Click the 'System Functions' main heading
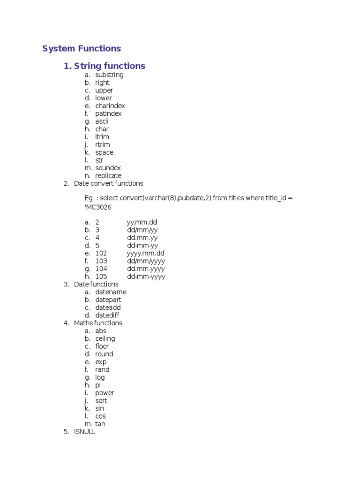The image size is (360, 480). (x=82, y=49)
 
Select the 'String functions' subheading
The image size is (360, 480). (x=105, y=66)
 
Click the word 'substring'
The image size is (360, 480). (x=109, y=75)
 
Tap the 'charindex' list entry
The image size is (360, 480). (x=110, y=106)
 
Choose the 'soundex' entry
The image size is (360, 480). (x=108, y=168)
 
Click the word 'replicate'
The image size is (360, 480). (x=108, y=176)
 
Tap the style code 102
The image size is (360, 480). (x=101, y=253)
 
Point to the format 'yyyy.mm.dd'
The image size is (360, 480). (x=145, y=253)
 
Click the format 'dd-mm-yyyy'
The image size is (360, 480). (x=146, y=277)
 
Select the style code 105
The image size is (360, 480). (x=101, y=277)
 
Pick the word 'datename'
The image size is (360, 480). (x=111, y=292)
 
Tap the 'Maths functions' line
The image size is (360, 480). (x=98, y=323)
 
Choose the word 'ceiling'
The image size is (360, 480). (x=105, y=338)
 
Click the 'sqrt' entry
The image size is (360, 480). (x=101, y=401)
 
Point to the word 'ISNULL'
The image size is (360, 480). (x=84, y=432)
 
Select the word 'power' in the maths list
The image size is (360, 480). (x=105, y=393)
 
